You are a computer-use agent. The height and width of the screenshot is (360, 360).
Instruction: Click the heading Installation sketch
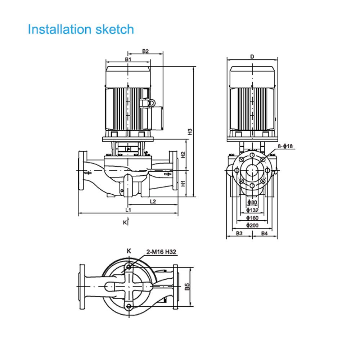81,29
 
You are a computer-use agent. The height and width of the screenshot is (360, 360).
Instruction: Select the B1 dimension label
128,59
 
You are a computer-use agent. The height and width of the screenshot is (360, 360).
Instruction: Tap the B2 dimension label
145,51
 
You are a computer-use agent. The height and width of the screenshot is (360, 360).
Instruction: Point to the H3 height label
190,132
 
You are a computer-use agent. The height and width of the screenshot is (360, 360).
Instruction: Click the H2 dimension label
183,155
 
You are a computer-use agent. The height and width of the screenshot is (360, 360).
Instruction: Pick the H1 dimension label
183,183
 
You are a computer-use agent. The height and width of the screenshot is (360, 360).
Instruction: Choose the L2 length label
153,202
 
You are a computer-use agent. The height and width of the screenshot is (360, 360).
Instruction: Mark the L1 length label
128,210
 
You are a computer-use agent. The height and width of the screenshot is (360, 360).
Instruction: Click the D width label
252,57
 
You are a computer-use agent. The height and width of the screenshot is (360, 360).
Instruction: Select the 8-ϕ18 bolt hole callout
286,146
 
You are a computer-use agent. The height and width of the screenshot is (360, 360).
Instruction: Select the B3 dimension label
239,233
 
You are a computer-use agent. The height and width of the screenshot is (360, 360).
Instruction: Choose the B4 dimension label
265,233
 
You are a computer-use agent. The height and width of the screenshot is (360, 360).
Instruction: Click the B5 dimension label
187,287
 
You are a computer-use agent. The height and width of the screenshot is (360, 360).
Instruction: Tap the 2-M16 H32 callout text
161,252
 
